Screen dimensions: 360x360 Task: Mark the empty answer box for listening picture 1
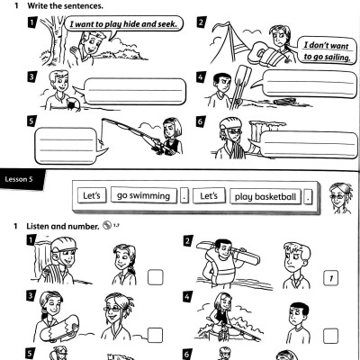(x=156, y=277)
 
